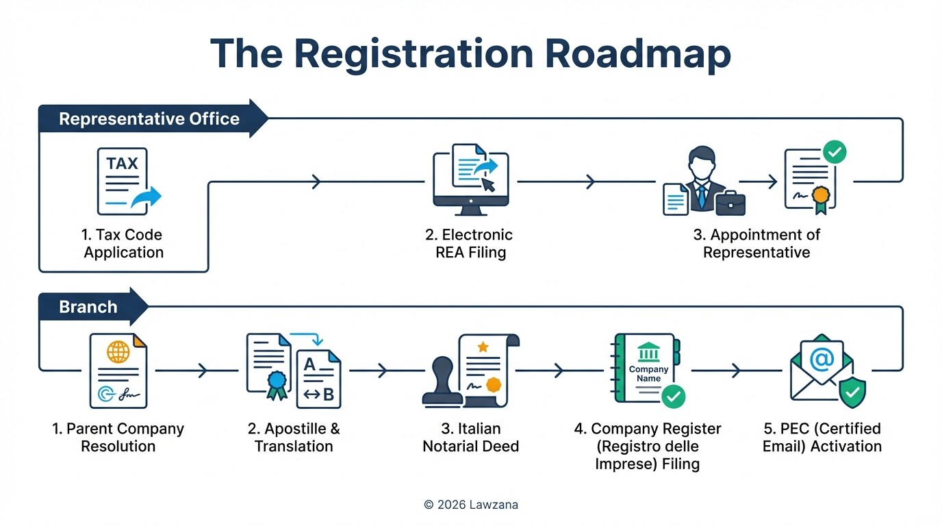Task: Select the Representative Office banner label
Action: (149, 118)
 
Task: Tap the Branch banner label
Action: (88, 306)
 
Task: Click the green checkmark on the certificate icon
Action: (834, 152)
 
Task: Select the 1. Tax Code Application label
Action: (123, 243)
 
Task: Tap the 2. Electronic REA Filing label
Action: (470, 243)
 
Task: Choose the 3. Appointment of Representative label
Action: (756, 243)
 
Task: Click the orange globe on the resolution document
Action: (118, 352)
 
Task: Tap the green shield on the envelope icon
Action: (851, 393)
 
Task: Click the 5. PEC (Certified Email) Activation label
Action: (822, 437)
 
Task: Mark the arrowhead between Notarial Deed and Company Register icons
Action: (559, 371)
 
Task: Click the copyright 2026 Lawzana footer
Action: (470, 505)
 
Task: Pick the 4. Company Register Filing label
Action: (647, 446)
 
